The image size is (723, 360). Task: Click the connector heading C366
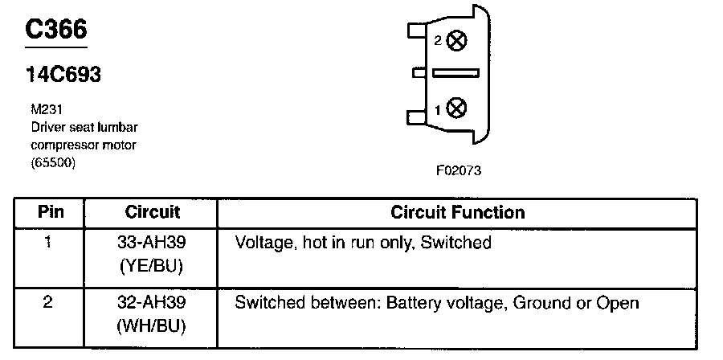tap(55, 31)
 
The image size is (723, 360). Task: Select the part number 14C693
tap(63, 76)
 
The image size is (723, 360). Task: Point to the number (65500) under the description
tap(49, 163)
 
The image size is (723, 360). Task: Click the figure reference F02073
tap(459, 171)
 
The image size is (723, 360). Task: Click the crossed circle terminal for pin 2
tap(456, 41)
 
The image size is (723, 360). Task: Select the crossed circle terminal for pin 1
tap(456, 106)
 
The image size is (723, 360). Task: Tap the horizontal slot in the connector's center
tap(455, 73)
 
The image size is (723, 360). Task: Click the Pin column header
tap(51, 213)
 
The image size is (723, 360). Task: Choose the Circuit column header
tap(153, 213)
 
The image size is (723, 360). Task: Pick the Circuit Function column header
tap(457, 213)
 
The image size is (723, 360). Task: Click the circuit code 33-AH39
tap(153, 242)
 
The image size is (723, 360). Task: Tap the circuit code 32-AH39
tap(153, 303)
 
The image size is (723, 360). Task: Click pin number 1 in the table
tap(50, 242)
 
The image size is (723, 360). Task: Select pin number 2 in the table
tap(50, 303)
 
